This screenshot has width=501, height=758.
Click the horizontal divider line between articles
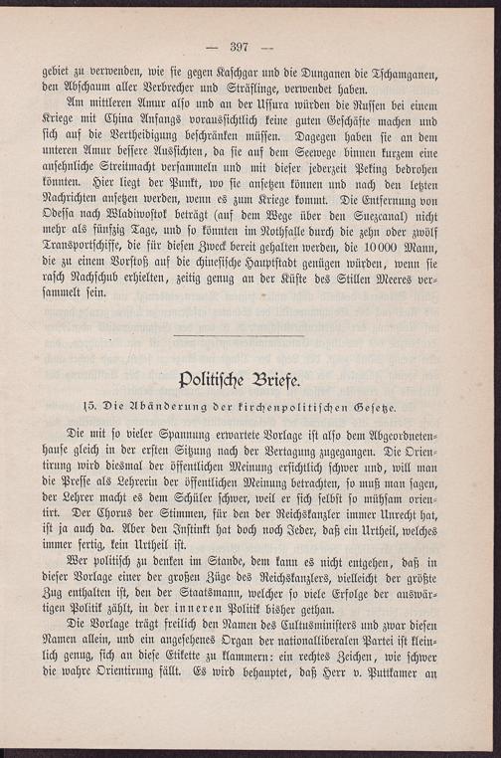click(239, 334)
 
